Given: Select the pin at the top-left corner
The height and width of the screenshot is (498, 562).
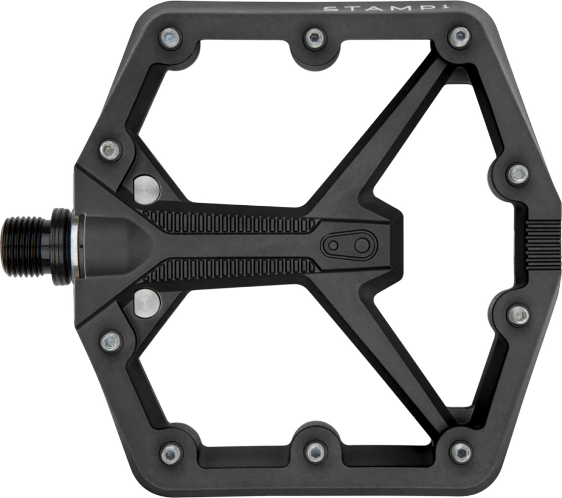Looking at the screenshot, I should (169, 38).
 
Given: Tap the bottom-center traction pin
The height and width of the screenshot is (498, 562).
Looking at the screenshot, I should (315, 451).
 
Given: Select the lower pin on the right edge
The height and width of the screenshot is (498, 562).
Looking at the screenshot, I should (518, 315).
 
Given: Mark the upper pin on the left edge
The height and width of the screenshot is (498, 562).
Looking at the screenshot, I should (110, 150).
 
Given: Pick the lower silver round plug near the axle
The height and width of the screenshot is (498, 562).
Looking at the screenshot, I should (147, 302).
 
